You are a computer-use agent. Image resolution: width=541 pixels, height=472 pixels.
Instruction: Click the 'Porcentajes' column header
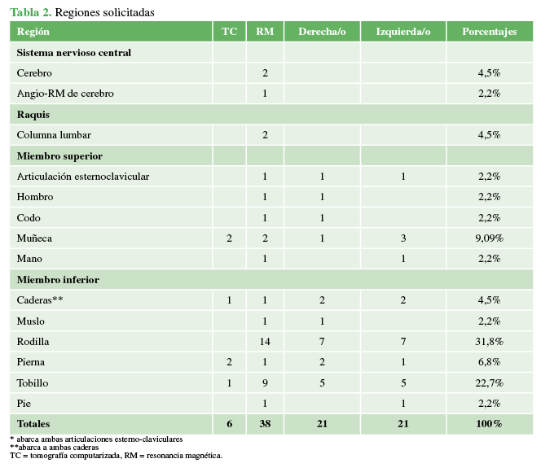(x=489, y=32)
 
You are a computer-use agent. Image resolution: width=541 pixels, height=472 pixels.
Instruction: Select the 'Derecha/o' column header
(x=322, y=32)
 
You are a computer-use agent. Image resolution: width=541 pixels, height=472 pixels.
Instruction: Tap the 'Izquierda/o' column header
(x=403, y=32)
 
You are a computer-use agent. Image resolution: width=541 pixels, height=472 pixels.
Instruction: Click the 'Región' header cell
(x=33, y=32)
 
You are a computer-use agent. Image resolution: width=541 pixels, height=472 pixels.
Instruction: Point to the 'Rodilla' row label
(x=34, y=341)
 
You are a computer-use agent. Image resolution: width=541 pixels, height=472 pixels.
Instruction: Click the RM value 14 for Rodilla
(x=265, y=341)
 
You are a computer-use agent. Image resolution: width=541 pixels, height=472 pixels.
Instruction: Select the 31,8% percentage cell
(x=489, y=341)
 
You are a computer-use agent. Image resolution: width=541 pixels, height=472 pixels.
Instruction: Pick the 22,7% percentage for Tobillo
(x=489, y=382)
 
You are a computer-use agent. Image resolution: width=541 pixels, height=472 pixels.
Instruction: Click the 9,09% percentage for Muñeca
(x=489, y=238)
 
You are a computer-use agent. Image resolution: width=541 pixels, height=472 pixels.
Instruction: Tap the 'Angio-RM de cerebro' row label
(x=65, y=94)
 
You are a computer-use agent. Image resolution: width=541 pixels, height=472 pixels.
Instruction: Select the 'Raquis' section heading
(x=33, y=114)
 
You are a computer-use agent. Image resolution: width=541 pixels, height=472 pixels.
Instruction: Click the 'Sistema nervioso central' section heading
(x=74, y=52)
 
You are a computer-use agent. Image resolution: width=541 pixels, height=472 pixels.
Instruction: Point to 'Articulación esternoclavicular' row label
(x=83, y=176)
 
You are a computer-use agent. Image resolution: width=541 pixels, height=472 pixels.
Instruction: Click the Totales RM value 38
(x=265, y=424)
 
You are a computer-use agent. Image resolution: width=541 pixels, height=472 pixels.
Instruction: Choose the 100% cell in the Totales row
(x=489, y=424)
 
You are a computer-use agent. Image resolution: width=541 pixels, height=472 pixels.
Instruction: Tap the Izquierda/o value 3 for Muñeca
(x=403, y=238)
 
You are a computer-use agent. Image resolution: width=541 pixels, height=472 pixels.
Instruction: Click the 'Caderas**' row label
(x=40, y=300)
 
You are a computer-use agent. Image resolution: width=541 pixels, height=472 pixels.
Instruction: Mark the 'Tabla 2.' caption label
(x=30, y=12)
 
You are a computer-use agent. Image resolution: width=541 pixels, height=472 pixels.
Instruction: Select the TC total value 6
(x=230, y=424)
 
